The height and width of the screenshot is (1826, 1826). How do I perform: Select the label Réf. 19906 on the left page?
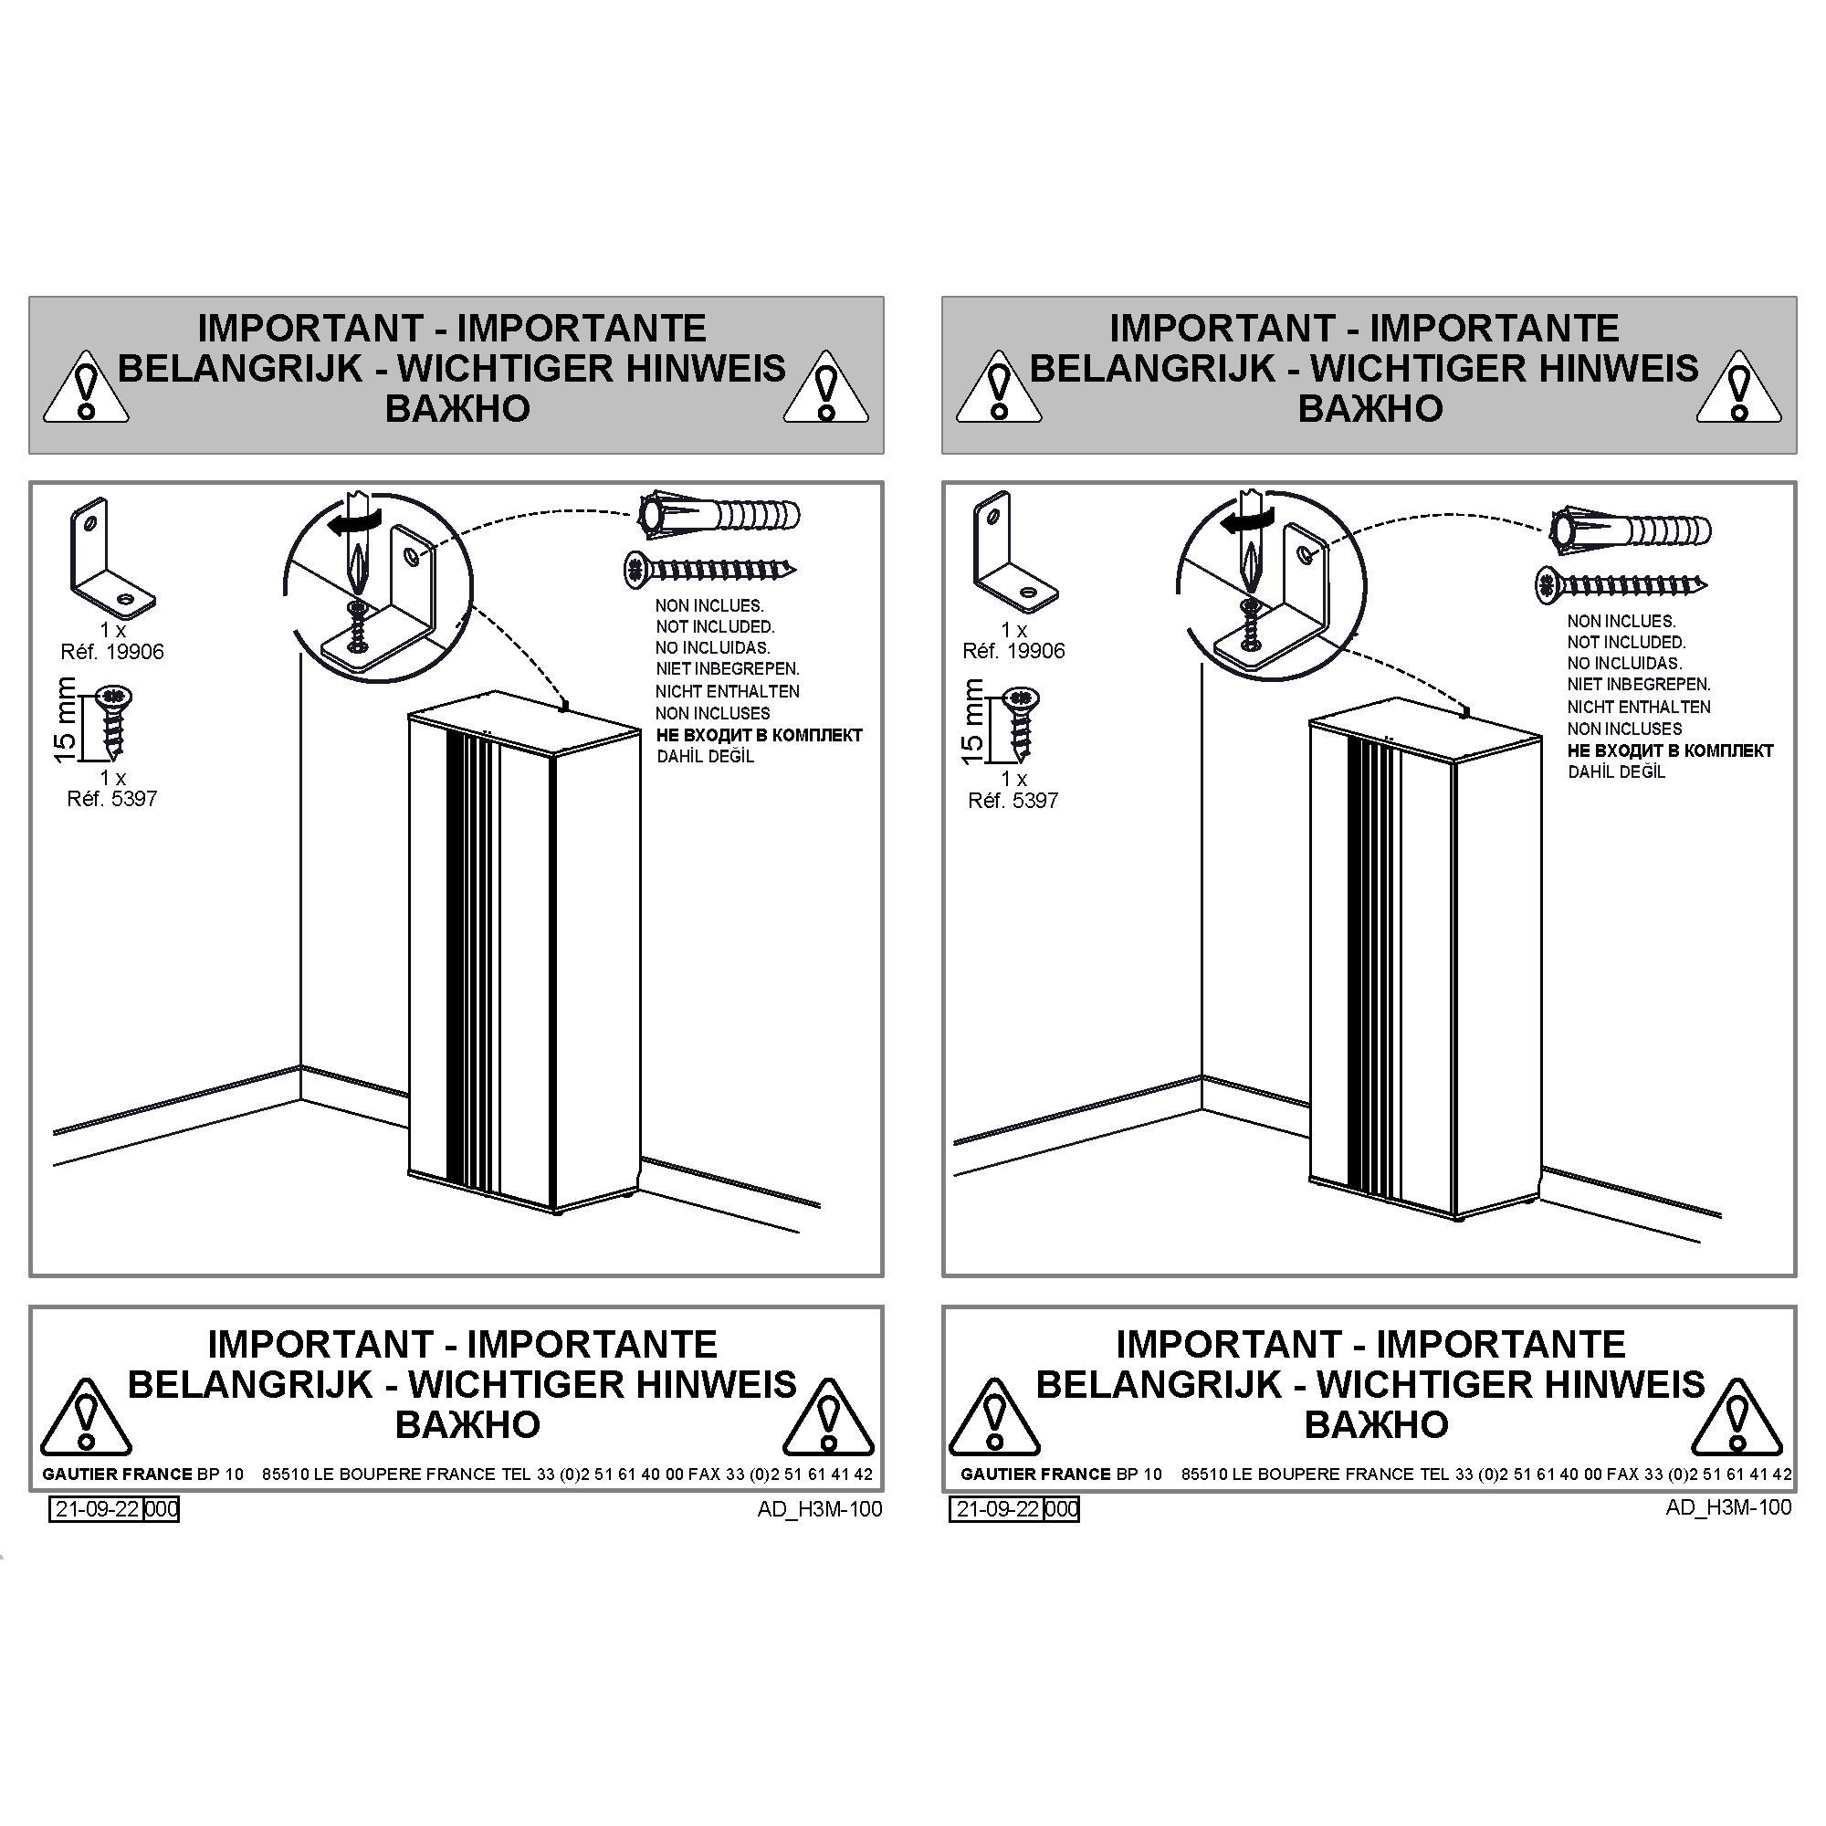click(x=112, y=651)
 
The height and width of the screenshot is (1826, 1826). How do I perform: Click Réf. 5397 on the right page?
click(x=1013, y=801)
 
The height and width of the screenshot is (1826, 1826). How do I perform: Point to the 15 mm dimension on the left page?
click(x=65, y=720)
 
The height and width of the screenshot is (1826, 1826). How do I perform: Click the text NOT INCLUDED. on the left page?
click(x=716, y=626)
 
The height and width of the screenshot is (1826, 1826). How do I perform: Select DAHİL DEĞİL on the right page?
click(x=1616, y=772)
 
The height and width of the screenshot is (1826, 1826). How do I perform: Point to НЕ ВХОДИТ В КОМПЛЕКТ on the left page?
click(x=759, y=735)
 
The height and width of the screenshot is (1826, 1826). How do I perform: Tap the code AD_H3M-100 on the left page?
click(x=820, y=1508)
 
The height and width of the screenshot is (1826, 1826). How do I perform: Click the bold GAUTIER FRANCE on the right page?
click(x=1036, y=1474)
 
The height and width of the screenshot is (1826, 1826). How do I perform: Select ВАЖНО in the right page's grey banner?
click(x=1369, y=408)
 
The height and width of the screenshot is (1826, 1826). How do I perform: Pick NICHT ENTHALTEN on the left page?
click(x=728, y=692)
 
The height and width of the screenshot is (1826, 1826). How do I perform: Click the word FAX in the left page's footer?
click(x=704, y=1474)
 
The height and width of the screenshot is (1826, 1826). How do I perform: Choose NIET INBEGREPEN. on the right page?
click(x=1639, y=684)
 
